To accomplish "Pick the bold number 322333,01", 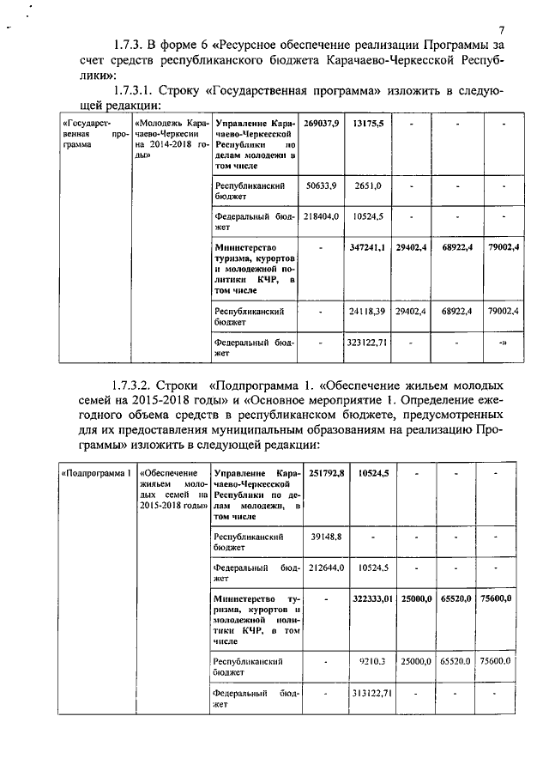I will (371, 598).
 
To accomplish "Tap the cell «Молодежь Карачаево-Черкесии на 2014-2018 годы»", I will (167, 135).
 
